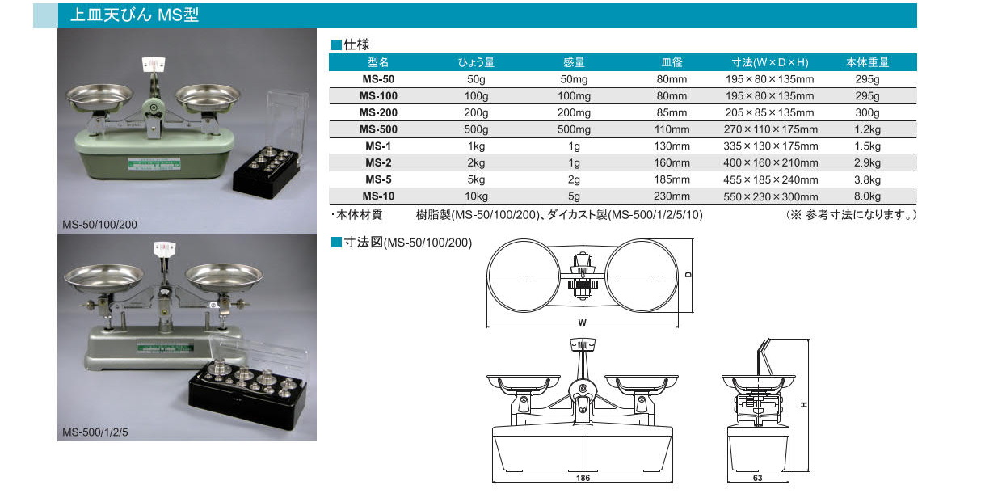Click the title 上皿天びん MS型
134,15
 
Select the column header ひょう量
476,62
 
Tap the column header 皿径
672,62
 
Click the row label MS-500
378,129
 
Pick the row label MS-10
378,196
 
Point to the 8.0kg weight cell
867,196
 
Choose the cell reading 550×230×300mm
770,196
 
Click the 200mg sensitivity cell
574,112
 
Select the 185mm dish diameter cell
672,179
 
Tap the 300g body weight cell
867,112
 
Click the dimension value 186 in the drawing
583,478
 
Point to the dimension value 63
757,478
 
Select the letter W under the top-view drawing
582,323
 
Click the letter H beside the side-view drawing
804,405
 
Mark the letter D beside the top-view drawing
688,275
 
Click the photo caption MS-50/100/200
99,225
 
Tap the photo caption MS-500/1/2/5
95,432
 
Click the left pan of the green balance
99,98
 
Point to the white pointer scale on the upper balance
154,64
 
